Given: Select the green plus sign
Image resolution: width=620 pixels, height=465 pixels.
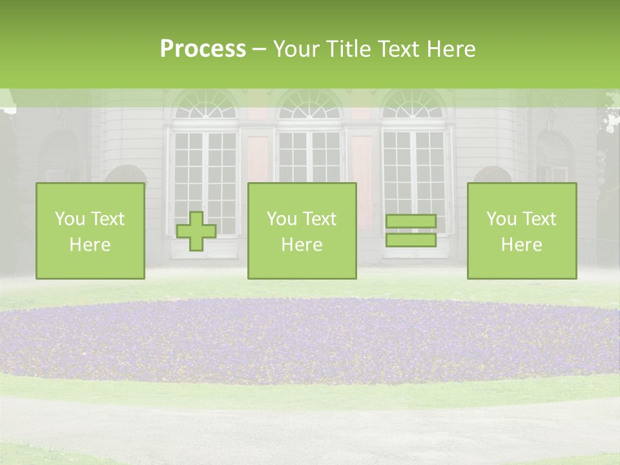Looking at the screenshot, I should pos(196,231).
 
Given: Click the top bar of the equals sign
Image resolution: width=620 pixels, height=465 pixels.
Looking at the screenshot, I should pos(411,222).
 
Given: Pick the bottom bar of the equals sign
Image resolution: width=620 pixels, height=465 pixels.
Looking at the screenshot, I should pos(411,240).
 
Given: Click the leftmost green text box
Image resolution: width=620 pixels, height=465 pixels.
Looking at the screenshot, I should pos(90,231).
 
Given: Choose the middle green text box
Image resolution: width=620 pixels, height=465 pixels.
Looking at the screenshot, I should pos(302,231).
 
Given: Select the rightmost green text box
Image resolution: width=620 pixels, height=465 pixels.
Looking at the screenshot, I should pos(522,231).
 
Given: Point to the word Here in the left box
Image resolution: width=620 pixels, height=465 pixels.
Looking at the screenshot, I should pos(90,245).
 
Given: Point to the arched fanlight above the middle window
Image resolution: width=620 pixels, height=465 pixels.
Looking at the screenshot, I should pos(310,105).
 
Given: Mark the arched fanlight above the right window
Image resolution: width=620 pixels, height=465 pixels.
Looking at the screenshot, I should pos(413,105).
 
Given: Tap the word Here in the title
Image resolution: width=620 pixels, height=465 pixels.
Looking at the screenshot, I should pos(451,50).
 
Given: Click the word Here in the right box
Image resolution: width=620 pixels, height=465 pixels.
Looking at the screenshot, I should pos(521,245).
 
